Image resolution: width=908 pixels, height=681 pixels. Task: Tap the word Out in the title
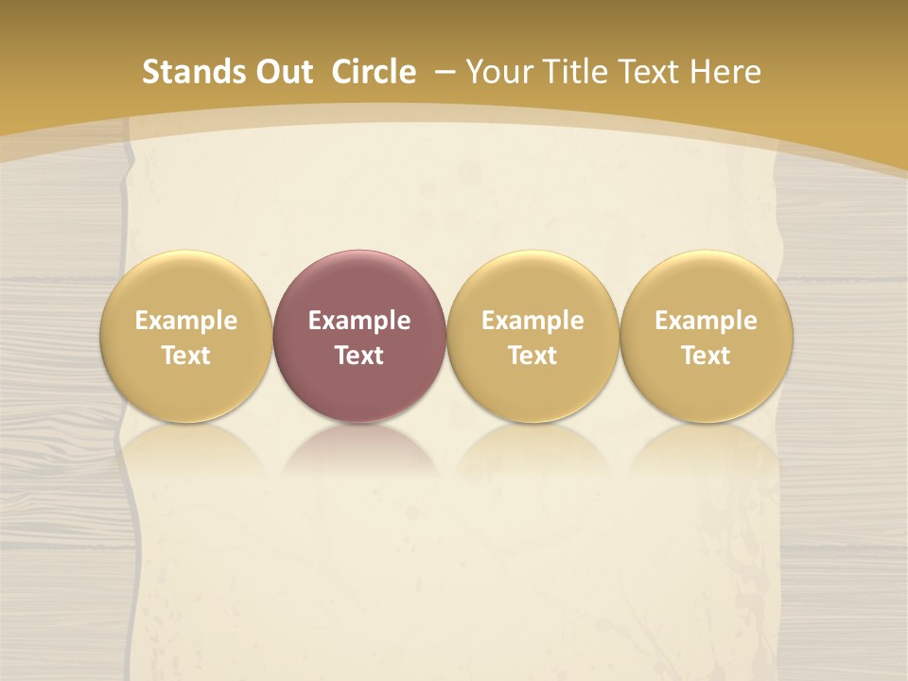click(281, 72)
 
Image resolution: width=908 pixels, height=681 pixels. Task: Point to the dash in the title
click(443, 72)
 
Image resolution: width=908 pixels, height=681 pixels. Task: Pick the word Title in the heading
click(571, 72)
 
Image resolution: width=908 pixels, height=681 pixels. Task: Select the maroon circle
click(358, 337)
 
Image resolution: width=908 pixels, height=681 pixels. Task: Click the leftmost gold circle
click(185, 337)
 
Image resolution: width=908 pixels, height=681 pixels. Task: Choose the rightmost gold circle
click(706, 337)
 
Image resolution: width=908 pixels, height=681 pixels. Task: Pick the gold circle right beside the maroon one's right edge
click(533, 337)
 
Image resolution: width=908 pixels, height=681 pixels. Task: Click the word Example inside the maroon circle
click(358, 321)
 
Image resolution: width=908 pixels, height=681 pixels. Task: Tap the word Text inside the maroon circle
click(358, 356)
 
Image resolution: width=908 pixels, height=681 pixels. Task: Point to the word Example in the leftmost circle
click(185, 321)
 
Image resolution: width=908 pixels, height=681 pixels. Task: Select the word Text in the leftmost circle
click(185, 356)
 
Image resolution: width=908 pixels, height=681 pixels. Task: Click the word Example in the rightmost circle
click(706, 321)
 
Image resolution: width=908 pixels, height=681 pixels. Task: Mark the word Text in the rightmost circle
click(706, 356)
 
